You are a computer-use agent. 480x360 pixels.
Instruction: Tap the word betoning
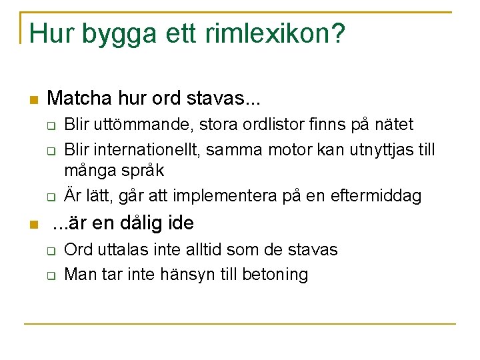[276, 274]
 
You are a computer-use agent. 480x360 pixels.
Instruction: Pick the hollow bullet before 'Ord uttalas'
[50, 251]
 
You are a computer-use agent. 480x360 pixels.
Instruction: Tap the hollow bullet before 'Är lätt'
[50, 197]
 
